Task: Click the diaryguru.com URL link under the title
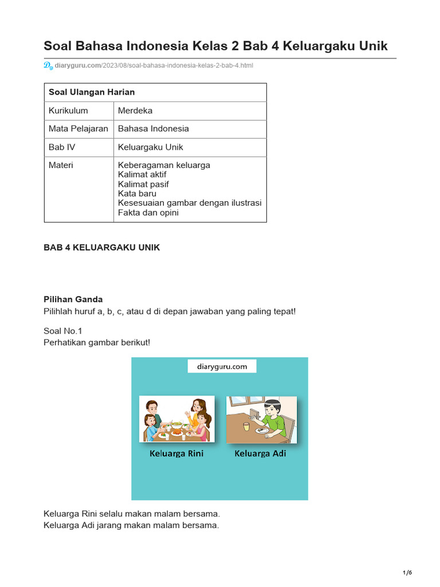coord(154,65)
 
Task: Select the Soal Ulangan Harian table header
coord(92,92)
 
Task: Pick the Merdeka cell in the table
coord(135,111)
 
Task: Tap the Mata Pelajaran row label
coord(78,129)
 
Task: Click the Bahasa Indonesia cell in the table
coord(153,129)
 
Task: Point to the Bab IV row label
coord(62,147)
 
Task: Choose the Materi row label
coord(61,165)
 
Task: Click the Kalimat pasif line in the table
coord(143,184)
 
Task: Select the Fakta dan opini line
coord(148,213)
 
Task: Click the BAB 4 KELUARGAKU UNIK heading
coord(102,248)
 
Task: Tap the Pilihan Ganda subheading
coord(73,299)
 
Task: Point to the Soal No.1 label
coord(63,330)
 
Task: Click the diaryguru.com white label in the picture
coord(222,366)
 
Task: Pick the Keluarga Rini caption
coord(176,453)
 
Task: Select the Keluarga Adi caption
coord(260,453)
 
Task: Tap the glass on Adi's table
coord(246,426)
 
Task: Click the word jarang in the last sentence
coord(113,525)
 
